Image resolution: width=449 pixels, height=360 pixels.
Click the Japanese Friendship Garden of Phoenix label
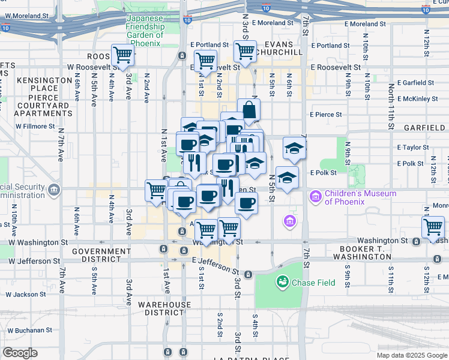click(x=145, y=31)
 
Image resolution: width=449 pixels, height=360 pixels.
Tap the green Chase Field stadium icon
click(x=282, y=281)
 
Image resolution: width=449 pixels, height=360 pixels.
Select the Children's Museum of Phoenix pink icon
click(x=315, y=197)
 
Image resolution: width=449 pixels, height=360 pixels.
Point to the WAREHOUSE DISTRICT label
click(x=164, y=308)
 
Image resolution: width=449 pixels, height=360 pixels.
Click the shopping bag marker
click(x=249, y=110)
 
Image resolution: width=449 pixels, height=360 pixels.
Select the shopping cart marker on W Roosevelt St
click(x=122, y=56)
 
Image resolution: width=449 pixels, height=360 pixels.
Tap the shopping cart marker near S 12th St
click(x=433, y=227)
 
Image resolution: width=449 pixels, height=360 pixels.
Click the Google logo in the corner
click(x=19, y=353)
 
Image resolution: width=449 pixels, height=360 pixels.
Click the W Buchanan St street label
click(x=29, y=330)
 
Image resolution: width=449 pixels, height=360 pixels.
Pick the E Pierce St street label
click(x=326, y=115)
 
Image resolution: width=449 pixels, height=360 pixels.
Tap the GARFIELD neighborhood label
click(x=424, y=128)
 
